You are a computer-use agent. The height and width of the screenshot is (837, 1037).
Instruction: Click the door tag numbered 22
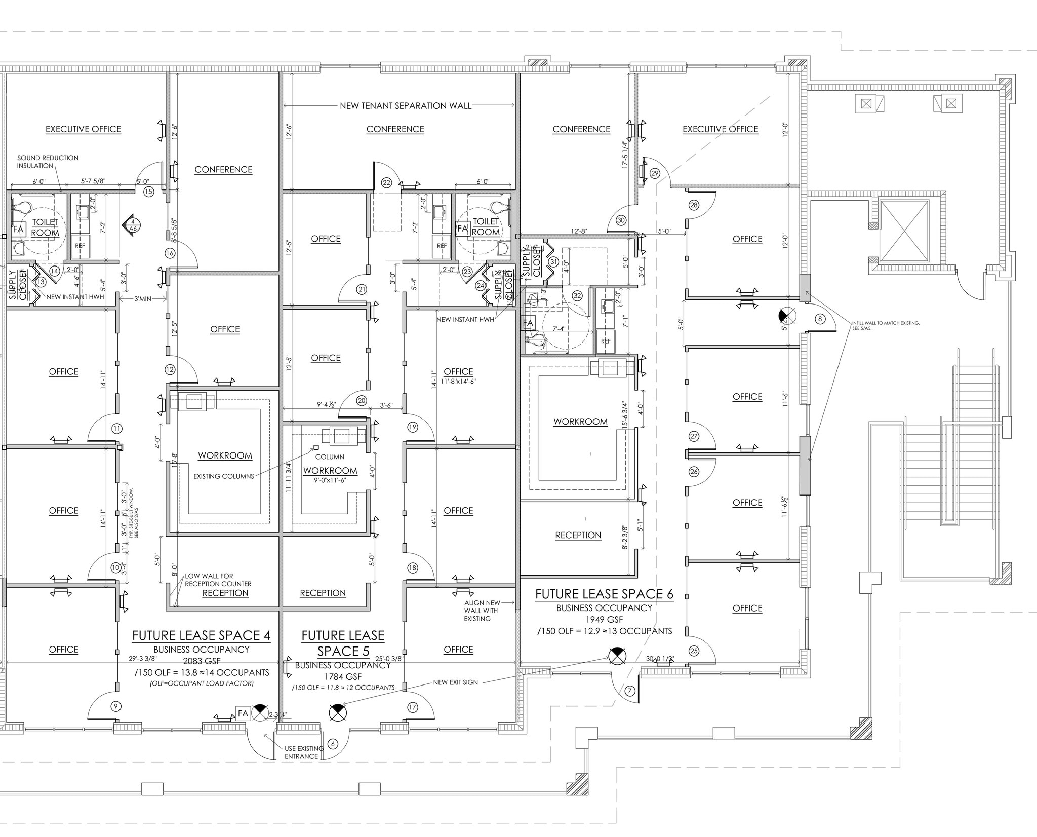pyautogui.click(x=387, y=183)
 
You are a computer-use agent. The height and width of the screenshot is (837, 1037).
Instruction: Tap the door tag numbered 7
pyautogui.click(x=630, y=691)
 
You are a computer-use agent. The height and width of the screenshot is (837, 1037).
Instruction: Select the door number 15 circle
pyautogui.click(x=148, y=192)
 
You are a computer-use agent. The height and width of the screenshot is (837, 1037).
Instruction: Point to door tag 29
pyautogui.click(x=655, y=174)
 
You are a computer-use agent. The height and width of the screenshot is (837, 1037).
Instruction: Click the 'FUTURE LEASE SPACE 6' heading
pyautogui.click(x=604, y=594)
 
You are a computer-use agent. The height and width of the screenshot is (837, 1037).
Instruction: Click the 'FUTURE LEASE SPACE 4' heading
pyautogui.click(x=202, y=635)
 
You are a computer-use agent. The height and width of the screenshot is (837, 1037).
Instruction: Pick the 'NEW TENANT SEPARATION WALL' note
pyautogui.click(x=406, y=106)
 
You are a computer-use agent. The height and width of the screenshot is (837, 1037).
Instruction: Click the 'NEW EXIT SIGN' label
pyautogui.click(x=455, y=682)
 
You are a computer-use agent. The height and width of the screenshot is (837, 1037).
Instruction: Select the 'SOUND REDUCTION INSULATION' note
pyautogui.click(x=48, y=162)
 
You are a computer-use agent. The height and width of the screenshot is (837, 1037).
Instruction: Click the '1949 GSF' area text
pyautogui.click(x=604, y=619)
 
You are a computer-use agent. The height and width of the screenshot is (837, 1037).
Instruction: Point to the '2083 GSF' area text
pyautogui.click(x=202, y=661)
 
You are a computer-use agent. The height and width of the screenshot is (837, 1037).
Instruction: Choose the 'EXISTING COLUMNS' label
pyautogui.click(x=224, y=476)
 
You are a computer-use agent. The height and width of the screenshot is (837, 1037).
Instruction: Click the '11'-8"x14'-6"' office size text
pyautogui.click(x=458, y=381)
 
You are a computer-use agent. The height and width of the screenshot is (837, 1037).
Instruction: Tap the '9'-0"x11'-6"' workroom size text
pyautogui.click(x=331, y=480)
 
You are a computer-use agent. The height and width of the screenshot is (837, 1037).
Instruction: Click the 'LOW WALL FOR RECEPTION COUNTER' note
pyautogui.click(x=217, y=580)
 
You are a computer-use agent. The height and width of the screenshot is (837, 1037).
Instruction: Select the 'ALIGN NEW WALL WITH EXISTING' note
pyautogui.click(x=482, y=611)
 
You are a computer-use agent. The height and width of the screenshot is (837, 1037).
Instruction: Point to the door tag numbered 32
pyautogui.click(x=577, y=295)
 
